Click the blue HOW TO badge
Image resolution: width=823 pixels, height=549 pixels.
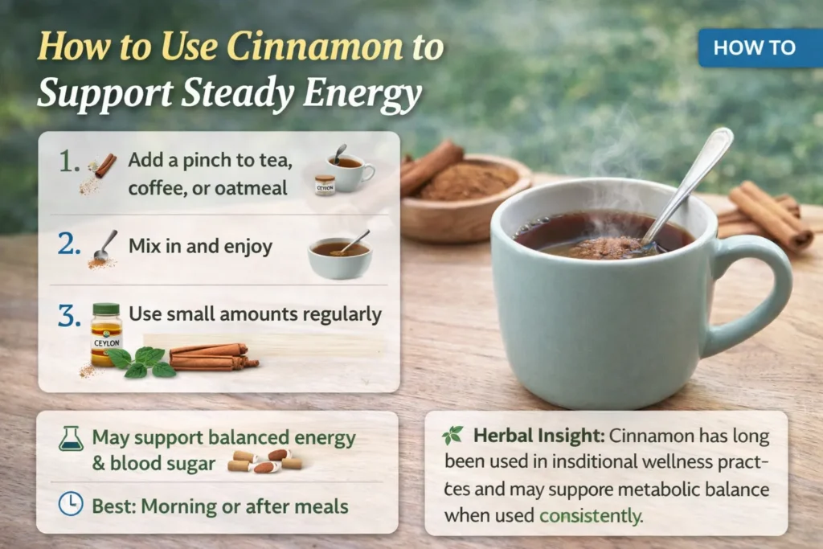coord(754,47)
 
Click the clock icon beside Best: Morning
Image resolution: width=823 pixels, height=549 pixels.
coord(71,504)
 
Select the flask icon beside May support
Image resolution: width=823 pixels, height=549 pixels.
coord(71,438)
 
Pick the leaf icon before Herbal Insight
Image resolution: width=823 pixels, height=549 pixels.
coord(452,436)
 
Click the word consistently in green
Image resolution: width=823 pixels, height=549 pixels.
coord(591,515)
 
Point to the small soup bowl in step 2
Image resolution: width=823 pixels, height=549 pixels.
coord(339,257)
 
